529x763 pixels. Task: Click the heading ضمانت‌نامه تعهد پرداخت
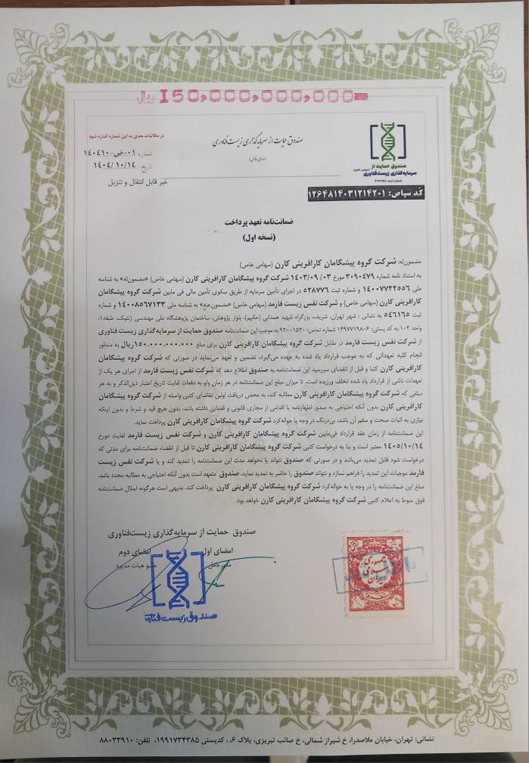click(x=265, y=224)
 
